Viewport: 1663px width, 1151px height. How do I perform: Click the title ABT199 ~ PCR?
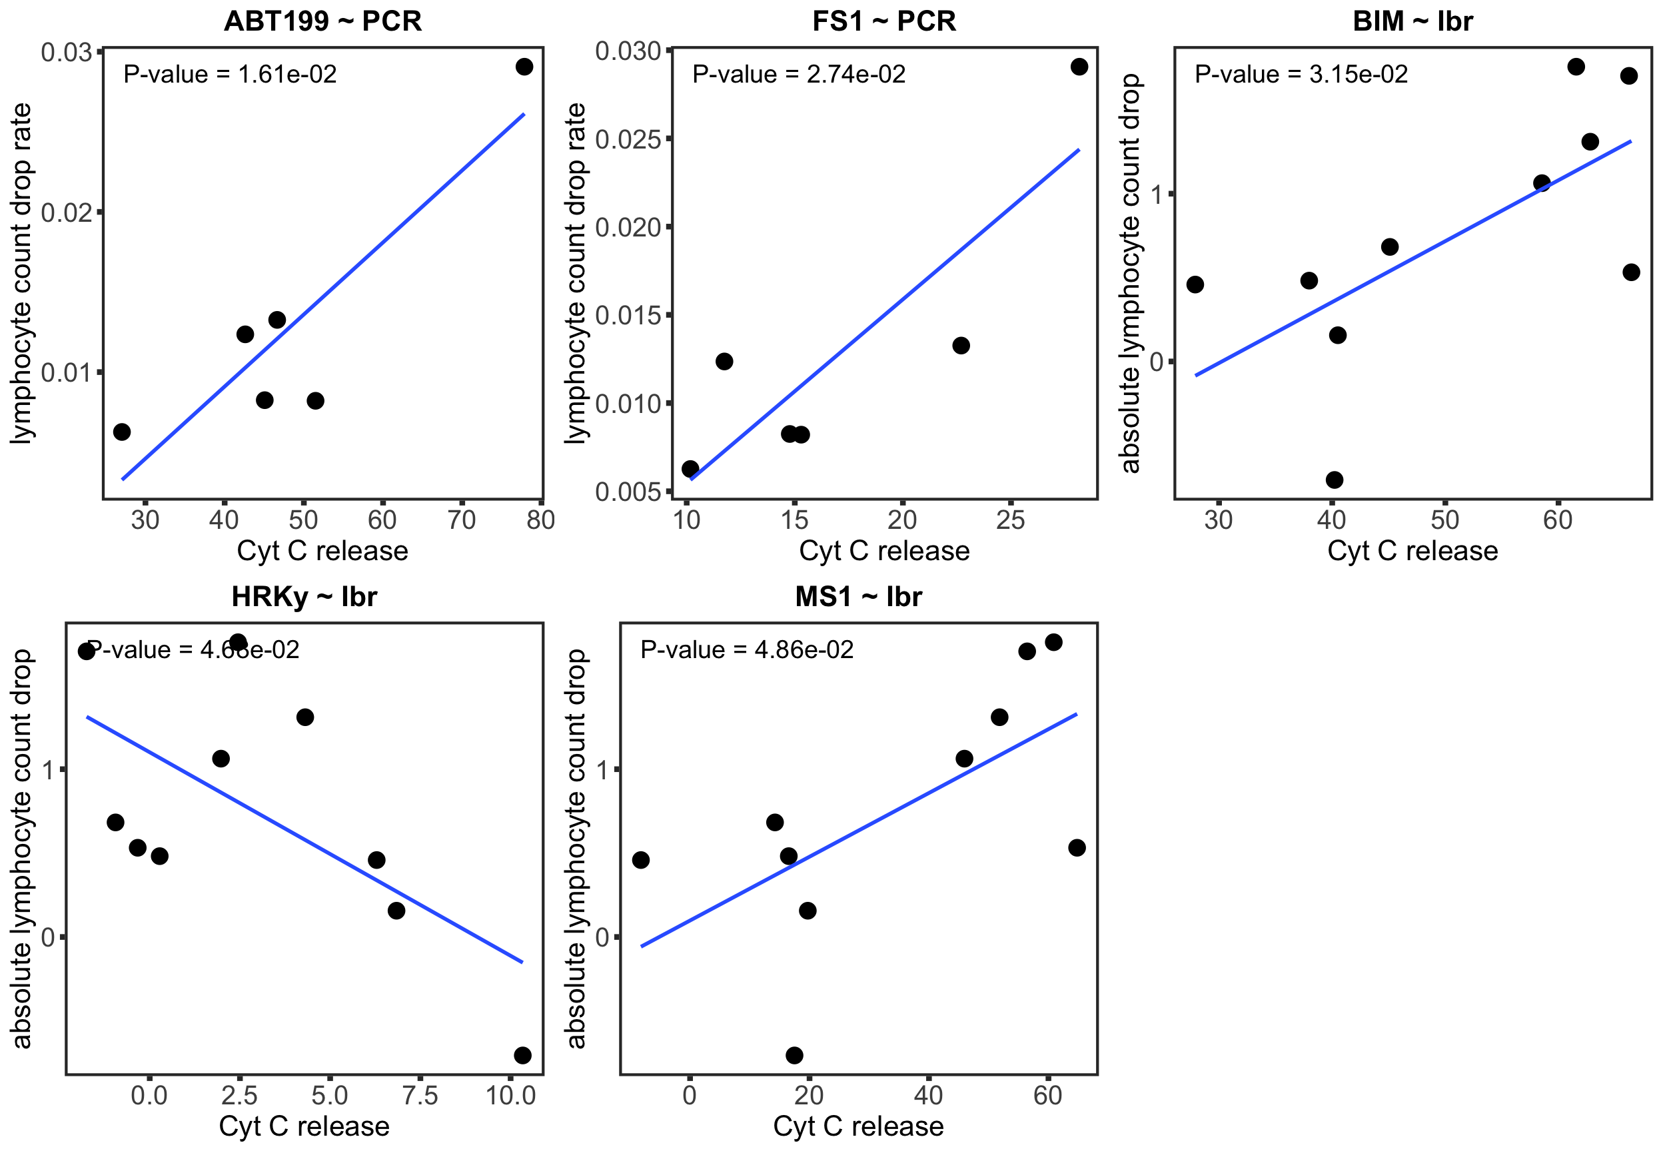click(322, 21)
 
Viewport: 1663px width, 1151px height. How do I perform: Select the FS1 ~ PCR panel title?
click(884, 21)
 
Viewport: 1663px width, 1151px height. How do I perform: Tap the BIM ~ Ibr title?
click(1412, 21)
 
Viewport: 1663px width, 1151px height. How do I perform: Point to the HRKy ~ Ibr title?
click(304, 596)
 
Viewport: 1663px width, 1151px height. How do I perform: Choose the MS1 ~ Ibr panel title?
click(858, 596)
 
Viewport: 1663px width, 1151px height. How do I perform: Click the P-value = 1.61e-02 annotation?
click(229, 75)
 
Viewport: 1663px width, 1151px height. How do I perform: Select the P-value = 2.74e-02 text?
click(798, 75)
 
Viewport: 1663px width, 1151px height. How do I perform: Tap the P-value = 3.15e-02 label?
click(1301, 75)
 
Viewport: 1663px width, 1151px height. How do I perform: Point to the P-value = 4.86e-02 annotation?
click(746, 650)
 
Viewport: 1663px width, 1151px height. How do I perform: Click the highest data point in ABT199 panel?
click(524, 67)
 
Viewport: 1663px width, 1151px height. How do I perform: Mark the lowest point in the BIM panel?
click(1334, 480)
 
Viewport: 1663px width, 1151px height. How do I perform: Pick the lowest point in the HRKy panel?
click(523, 1055)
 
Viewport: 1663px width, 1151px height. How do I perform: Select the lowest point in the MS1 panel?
click(794, 1055)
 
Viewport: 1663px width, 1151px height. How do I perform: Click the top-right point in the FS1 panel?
click(1079, 67)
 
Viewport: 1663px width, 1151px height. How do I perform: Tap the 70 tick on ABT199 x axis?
click(462, 520)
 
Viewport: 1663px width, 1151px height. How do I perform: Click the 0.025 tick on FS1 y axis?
click(629, 139)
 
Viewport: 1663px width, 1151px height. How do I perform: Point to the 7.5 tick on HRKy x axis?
click(420, 1096)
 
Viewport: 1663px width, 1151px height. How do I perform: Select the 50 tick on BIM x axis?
click(1444, 520)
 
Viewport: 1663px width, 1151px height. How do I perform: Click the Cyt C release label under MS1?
click(858, 1126)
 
